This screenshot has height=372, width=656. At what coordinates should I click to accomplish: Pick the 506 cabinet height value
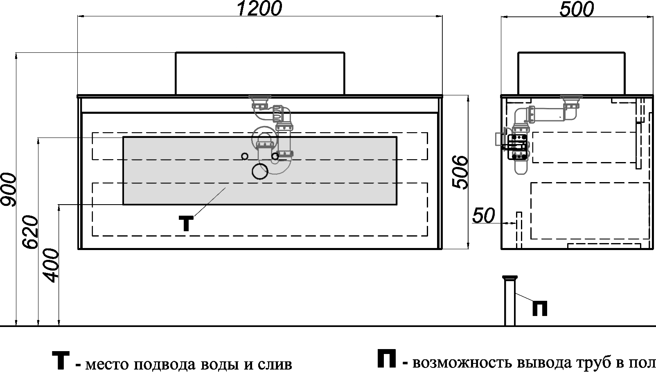(461, 172)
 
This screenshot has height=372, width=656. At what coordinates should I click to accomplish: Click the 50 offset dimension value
(484, 216)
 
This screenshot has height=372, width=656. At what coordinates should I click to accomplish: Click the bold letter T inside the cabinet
(186, 223)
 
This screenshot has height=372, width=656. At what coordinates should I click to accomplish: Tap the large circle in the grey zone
(260, 171)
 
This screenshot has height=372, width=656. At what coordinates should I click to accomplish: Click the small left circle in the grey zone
(245, 156)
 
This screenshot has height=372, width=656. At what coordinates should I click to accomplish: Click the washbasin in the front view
(260, 73)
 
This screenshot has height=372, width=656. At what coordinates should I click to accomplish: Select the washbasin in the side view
(571, 73)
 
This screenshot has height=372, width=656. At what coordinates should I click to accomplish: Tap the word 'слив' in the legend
(275, 364)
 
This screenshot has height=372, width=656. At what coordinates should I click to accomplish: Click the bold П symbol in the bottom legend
(386, 359)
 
